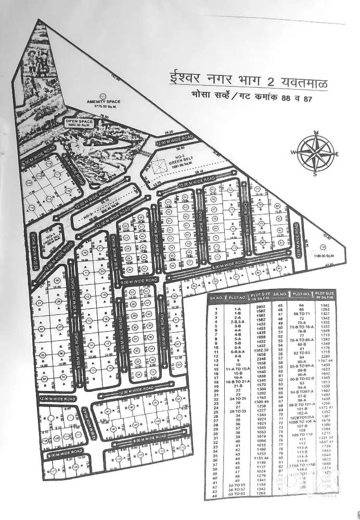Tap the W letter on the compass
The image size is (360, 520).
pos(294,153)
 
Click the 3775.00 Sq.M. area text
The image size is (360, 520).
pos(104,106)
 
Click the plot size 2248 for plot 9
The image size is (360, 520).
pos(262,359)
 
